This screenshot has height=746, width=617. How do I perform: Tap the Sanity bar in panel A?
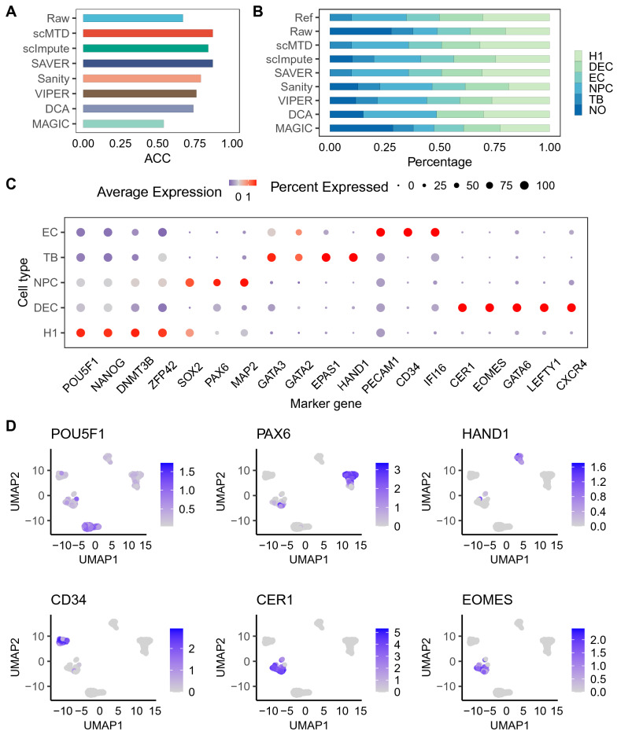point(142,79)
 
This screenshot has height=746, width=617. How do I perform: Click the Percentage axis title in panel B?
point(439,163)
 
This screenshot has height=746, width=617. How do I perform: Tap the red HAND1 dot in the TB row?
point(353,257)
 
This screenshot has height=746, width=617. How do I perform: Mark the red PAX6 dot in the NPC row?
point(217,282)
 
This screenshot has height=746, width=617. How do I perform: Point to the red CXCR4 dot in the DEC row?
point(571,307)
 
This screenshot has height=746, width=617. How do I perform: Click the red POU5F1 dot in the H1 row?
point(80,333)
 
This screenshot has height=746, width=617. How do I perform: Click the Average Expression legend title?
point(160,191)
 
